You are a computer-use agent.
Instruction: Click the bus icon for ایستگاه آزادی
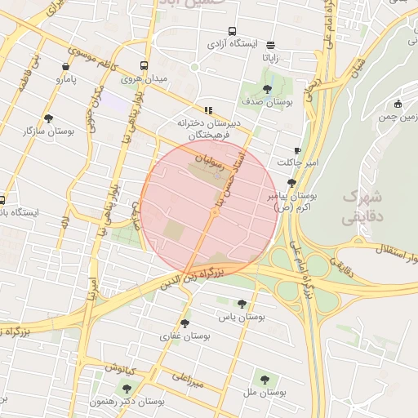tap(233, 30)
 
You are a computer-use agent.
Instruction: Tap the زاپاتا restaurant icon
tap(271, 45)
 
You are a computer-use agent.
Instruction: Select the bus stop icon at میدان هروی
tap(144, 66)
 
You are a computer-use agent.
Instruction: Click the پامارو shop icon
tap(65, 67)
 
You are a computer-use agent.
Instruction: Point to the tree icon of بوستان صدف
tap(267, 89)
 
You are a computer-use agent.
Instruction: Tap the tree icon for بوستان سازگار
tap(49, 118)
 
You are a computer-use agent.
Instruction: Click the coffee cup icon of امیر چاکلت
tap(297, 150)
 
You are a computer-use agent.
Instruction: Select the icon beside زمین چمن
tap(398, 104)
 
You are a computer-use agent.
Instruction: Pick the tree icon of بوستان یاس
tap(241, 303)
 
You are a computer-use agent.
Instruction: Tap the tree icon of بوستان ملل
tap(264, 379)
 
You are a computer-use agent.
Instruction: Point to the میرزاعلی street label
tap(189, 376)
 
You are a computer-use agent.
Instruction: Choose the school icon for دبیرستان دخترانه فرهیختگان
tap(208, 110)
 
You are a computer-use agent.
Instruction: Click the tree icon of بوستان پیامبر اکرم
tap(292, 183)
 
